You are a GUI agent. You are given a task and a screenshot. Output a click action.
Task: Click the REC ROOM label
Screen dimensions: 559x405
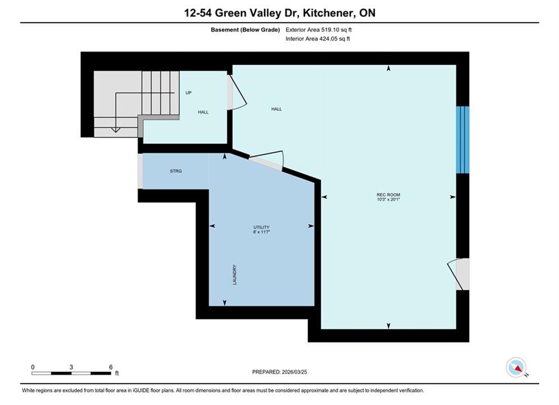coord(388,195)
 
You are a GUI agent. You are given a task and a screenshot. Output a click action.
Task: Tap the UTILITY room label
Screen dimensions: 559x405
coord(261,227)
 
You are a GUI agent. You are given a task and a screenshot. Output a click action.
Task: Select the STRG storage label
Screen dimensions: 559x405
coord(176,171)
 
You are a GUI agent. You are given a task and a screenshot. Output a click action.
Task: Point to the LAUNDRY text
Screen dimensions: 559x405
coord(235,274)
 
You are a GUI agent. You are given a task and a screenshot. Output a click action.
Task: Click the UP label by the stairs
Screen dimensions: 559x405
coord(188,93)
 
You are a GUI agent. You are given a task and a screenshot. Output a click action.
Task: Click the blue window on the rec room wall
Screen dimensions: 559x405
coord(463,139)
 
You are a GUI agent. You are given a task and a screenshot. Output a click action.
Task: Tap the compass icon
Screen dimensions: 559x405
coord(516,367)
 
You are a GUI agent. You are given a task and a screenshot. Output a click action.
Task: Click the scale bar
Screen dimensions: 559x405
coord(71,373)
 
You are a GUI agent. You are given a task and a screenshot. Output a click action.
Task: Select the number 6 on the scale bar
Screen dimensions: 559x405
coord(111,367)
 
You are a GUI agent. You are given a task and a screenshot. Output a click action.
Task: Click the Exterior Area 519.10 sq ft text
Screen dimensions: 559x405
coord(319,30)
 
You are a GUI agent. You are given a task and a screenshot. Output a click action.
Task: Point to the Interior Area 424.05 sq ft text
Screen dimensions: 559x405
coord(317,39)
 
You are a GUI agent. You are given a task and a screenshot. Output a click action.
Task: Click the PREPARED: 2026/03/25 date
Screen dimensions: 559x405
coord(280,372)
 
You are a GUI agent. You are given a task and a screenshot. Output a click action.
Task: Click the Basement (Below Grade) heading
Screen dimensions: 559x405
coord(246,30)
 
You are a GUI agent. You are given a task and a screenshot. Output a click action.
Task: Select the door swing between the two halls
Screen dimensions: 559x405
coord(237,91)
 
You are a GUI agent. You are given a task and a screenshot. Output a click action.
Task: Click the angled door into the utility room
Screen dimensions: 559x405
coord(267,160)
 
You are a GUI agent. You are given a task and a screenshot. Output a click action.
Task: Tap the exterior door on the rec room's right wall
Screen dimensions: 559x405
coord(458,274)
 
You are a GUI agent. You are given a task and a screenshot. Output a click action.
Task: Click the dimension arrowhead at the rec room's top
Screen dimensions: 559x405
coord(389,68)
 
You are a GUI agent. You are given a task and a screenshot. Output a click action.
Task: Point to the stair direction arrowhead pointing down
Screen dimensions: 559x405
coord(116,130)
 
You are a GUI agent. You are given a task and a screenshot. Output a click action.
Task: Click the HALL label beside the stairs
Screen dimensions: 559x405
coord(203,112)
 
